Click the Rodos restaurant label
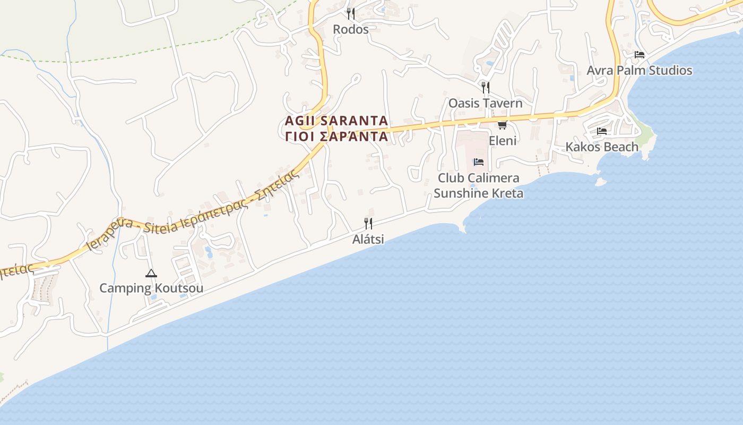350,29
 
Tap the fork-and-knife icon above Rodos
350,13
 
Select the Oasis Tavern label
485,103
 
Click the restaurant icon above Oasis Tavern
485,87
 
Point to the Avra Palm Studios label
639,70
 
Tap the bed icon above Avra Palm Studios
639,55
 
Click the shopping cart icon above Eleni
502,125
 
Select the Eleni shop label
502,141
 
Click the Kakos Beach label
601,147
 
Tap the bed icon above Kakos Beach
601,131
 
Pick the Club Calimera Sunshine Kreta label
478,185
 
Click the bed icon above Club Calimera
478,162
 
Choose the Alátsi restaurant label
368,239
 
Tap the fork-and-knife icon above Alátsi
368,223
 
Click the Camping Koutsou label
151,288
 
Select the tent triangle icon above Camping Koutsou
151,274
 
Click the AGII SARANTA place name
336,121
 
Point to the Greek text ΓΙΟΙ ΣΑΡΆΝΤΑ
336,137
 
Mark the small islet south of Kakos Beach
601,182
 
